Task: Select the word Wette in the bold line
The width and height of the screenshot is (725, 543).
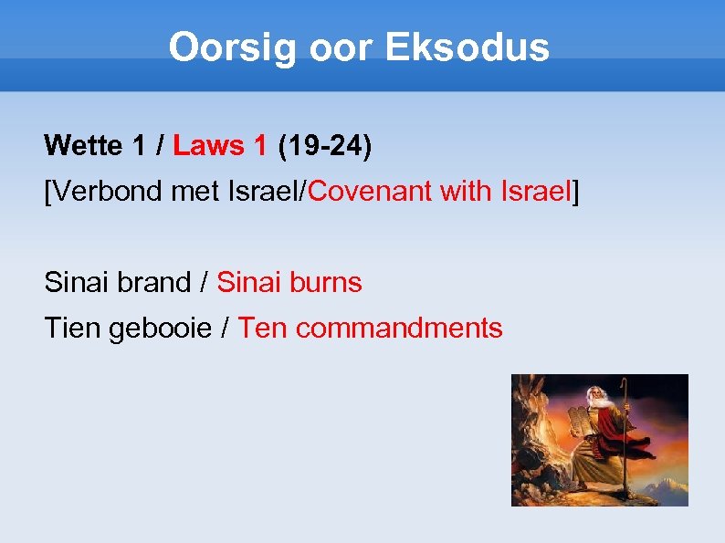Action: coord(82,145)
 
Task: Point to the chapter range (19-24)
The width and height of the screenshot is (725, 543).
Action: coord(325,145)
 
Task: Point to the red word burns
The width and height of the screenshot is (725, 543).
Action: coord(326,283)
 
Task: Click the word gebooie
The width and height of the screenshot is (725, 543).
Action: coord(161,329)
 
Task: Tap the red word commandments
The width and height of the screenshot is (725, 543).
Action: coord(399,329)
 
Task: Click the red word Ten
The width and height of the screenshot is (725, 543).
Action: coord(263,329)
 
